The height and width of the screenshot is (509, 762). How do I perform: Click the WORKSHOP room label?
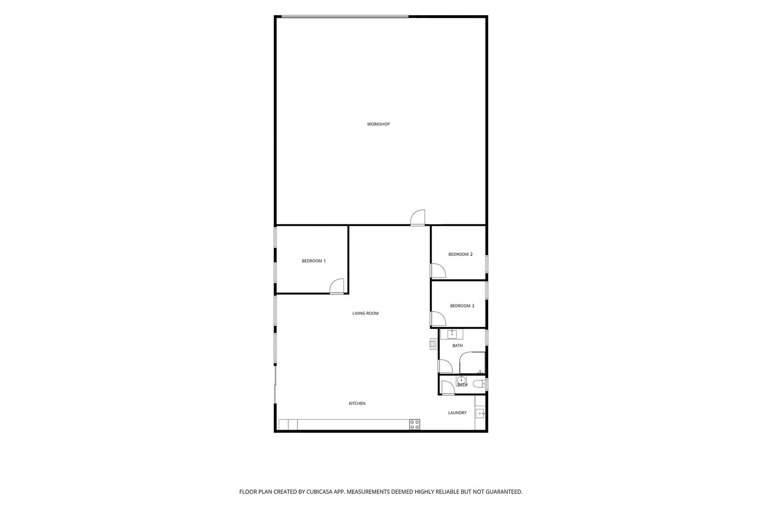coord(378,124)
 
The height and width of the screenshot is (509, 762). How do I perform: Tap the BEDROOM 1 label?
coord(314,261)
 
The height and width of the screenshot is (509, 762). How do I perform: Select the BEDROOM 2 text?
coord(460,254)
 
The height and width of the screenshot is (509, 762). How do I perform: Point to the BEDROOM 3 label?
coord(462,306)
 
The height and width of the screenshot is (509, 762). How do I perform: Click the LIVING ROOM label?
coord(365,313)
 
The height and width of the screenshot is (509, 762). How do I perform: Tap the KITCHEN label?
coord(357,403)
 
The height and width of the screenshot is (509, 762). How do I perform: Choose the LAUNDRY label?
coord(457,413)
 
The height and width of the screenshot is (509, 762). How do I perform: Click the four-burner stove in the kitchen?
coord(414,425)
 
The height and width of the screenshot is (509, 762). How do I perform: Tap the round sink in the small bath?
coord(461,380)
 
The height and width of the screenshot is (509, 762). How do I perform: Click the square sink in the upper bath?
coord(452,334)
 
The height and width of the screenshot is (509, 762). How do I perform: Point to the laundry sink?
coord(480,414)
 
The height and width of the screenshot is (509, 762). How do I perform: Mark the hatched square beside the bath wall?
coord(434,344)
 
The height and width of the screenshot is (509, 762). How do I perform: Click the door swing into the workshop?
coord(418,218)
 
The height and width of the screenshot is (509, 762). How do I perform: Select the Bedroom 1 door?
coord(337,286)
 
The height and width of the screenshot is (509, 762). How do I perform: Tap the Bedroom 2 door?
coord(438,271)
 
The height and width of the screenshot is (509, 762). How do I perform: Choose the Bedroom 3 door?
coord(438,319)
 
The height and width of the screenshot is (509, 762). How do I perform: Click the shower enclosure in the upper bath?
coord(472,363)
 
